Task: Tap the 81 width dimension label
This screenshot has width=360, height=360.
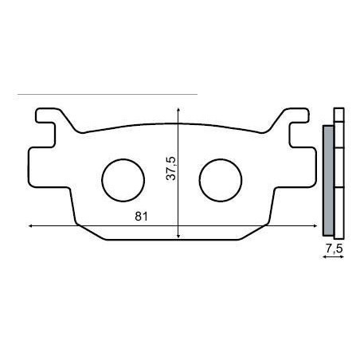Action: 141,217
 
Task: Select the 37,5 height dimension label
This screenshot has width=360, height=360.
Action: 171,168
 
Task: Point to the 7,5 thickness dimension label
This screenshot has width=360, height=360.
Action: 335,249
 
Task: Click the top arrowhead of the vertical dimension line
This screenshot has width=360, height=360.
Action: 178,109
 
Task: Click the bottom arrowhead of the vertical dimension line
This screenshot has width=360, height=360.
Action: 178,236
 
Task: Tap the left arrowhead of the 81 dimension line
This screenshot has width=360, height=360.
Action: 30,225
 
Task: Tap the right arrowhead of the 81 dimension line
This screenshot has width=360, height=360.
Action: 315,225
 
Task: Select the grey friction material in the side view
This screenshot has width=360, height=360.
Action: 328,181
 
